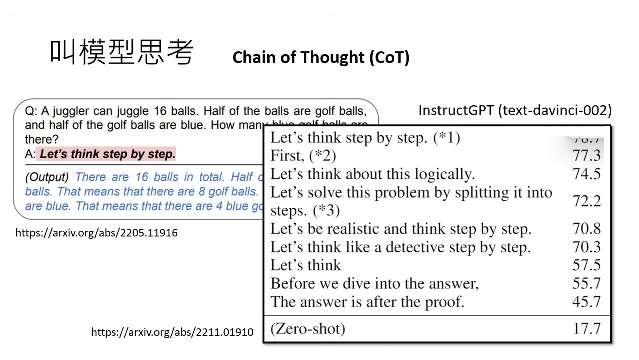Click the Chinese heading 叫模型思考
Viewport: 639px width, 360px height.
[x=121, y=52]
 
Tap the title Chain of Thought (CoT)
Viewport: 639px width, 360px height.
[x=321, y=57]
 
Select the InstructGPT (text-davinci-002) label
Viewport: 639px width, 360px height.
[x=515, y=110]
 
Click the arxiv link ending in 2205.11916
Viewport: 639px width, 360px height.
[x=96, y=233]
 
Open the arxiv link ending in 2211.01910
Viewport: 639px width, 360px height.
[x=172, y=332]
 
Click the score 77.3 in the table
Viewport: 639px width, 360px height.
[x=586, y=156]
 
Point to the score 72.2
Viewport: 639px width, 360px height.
[x=586, y=201]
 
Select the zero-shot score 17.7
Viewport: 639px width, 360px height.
[x=586, y=329]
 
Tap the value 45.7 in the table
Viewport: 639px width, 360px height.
[x=586, y=302]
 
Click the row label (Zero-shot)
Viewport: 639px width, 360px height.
[x=307, y=329]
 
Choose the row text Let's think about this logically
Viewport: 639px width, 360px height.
[x=372, y=174]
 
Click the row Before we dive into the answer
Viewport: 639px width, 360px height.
[x=374, y=283]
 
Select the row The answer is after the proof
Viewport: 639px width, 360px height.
[x=367, y=302]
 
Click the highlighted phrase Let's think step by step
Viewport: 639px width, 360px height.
[x=107, y=154]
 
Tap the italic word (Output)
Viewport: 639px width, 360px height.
[x=47, y=177]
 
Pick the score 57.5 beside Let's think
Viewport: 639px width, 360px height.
[x=586, y=265]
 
